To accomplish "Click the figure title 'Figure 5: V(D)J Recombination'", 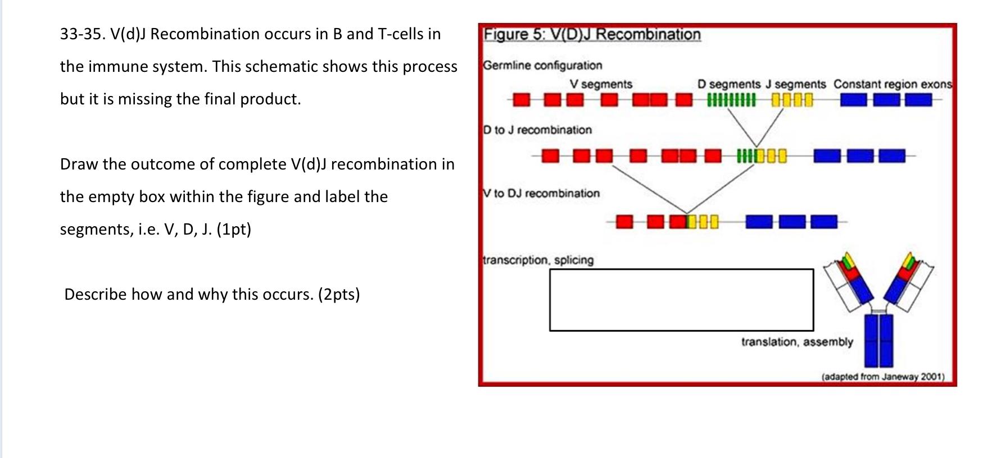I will point(592,35).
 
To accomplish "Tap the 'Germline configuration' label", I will point(542,66).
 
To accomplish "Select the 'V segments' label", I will point(601,84).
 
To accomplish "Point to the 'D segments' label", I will point(728,84).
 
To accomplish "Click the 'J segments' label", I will point(795,84).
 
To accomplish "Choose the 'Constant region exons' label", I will point(893,84).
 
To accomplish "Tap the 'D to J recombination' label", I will point(538,130).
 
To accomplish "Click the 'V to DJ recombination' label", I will point(541,194).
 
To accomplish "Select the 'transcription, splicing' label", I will point(538,260).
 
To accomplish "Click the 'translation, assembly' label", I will point(796,342).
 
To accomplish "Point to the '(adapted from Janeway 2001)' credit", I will point(882,377).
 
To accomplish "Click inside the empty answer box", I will point(681,300).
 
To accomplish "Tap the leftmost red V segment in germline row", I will point(522,100).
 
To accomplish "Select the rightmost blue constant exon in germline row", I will point(918,100).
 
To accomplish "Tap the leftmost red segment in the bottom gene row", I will point(624,222).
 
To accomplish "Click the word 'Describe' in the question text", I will point(95,294).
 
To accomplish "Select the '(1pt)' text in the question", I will point(233,229).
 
